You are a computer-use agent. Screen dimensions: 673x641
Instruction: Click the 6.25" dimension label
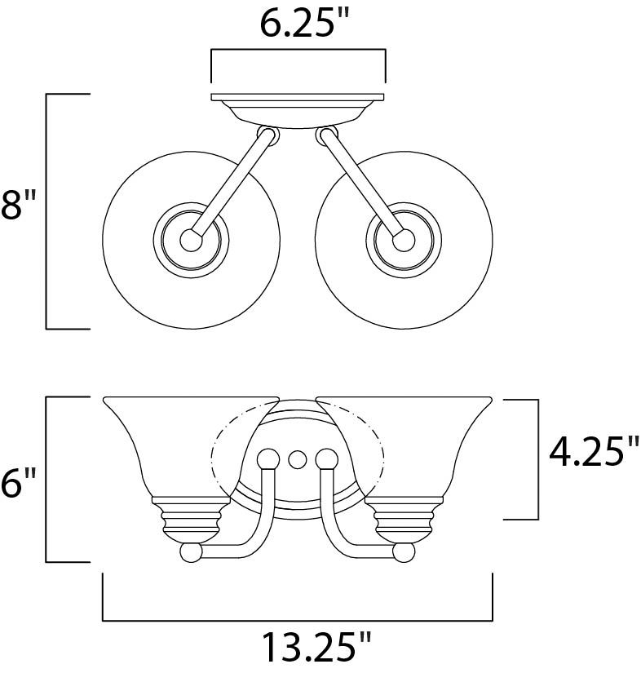click(x=298, y=24)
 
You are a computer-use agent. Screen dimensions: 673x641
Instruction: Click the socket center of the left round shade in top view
click(x=191, y=239)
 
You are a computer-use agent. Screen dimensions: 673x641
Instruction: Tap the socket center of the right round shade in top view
click(x=403, y=239)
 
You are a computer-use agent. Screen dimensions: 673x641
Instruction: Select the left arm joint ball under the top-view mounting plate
click(x=267, y=135)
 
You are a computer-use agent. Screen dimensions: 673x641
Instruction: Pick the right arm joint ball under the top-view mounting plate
click(x=327, y=135)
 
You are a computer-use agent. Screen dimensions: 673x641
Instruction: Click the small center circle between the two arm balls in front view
click(x=297, y=458)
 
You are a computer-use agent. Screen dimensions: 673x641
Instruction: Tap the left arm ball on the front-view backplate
click(x=267, y=458)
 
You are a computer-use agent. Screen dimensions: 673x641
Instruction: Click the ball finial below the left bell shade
click(x=191, y=552)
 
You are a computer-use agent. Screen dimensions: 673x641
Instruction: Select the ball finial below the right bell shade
click(x=403, y=552)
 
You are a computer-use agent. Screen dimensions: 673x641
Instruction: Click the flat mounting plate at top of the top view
click(x=298, y=97)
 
